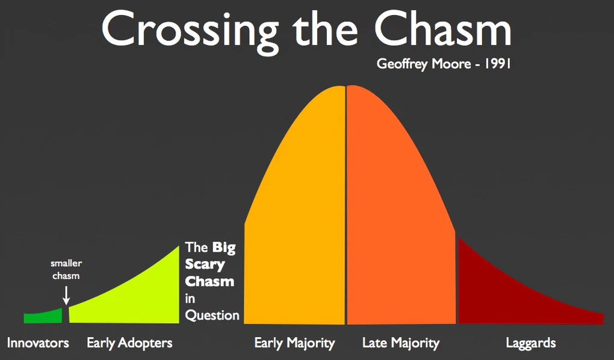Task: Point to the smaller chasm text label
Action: pos(66,270)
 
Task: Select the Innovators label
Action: pos(38,343)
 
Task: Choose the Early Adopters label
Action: pos(129,343)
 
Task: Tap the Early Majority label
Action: pos(294,343)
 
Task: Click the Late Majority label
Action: pos(401,343)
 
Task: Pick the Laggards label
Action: pos(530,343)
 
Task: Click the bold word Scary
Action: pos(205,265)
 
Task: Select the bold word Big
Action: pos(224,248)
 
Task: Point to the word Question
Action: pos(212,315)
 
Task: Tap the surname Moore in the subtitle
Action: pos(451,63)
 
